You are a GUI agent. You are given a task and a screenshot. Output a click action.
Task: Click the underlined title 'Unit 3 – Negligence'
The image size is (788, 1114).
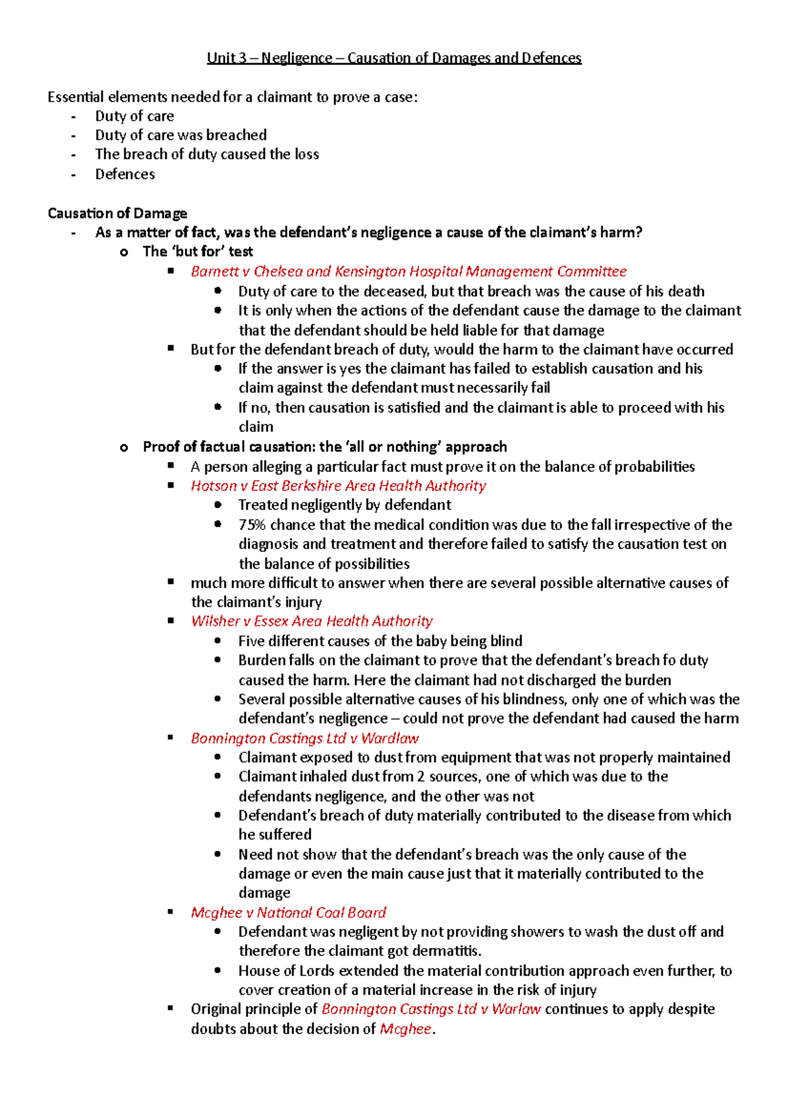coord(394,58)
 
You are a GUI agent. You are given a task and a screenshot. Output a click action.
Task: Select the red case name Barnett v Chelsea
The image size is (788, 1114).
coord(408,272)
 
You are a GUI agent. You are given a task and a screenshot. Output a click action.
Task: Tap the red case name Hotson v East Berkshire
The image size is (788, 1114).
coord(338,485)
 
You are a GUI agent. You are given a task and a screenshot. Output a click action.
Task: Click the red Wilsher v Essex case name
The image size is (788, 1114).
coord(312,621)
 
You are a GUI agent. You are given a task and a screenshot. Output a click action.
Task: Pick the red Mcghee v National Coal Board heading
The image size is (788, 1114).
coord(288,913)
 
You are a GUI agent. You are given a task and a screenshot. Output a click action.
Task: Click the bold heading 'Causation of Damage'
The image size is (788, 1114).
coord(118,213)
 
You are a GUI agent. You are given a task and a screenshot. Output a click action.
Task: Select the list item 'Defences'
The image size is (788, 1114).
coord(125,175)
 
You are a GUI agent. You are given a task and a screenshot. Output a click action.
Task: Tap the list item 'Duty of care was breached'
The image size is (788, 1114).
coord(181,135)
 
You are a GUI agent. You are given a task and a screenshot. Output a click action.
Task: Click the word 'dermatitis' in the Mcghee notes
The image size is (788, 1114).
coord(449,951)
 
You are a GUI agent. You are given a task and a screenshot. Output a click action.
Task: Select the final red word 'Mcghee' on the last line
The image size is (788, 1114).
coord(406,1029)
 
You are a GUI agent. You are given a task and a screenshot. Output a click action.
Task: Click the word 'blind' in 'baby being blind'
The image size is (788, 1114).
coord(506,641)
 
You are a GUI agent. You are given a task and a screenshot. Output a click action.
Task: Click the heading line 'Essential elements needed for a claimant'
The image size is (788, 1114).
coord(232,97)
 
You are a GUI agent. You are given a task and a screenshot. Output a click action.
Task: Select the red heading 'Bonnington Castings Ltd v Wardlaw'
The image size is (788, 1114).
coord(305,739)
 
